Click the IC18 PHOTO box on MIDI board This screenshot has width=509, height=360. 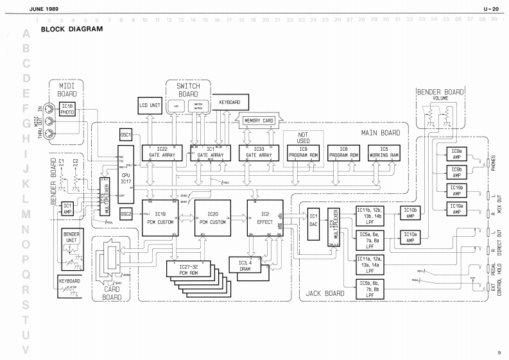tap(67, 109)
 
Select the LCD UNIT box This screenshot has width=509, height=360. tap(151, 105)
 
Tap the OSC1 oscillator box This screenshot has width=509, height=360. tap(126, 135)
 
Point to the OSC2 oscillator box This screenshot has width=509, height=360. tap(126, 214)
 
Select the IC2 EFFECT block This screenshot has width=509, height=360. tap(264, 218)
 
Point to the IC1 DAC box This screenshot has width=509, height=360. tap(314, 219)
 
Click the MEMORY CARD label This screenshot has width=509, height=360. tap(258, 119)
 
